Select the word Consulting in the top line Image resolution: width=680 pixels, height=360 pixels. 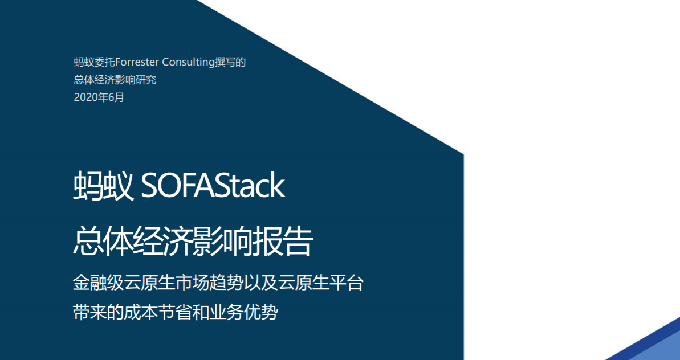pyautogui.click(x=189, y=63)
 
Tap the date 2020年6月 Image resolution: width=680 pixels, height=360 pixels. pyautogui.click(x=99, y=97)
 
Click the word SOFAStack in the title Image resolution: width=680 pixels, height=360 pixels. pyautogui.click(x=213, y=186)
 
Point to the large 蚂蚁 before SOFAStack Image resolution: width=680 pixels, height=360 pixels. pyautogui.click(x=103, y=186)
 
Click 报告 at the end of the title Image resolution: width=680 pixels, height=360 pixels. pyautogui.click(x=283, y=241)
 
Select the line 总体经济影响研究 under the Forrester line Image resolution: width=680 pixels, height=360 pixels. pyautogui.click(x=115, y=80)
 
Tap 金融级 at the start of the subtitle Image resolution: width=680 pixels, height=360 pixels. pyautogui.click(x=98, y=283)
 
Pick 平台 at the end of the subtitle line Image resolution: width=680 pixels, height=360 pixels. pyautogui.click(x=347, y=283)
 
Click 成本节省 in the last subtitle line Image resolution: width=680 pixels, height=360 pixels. pyautogui.click(x=158, y=312)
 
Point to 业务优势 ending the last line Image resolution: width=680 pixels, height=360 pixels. pyautogui.click(x=244, y=312)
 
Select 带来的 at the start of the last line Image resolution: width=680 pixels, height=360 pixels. pyautogui.click(x=98, y=312)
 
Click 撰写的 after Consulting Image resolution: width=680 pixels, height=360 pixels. pyautogui.click(x=231, y=63)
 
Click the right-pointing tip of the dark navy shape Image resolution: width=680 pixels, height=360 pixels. pyautogui.click(x=463, y=154)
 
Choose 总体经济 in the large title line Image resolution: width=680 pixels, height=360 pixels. pyautogui.click(x=133, y=241)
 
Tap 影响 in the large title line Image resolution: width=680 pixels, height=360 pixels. pyautogui.click(x=223, y=241)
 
